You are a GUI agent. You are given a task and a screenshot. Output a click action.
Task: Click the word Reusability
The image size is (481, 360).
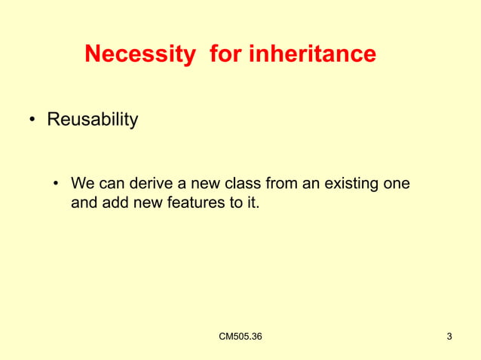(x=93, y=120)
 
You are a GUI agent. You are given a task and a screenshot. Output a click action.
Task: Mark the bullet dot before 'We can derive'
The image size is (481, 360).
(x=56, y=184)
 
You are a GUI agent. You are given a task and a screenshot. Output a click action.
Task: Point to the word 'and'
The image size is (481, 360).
(x=83, y=202)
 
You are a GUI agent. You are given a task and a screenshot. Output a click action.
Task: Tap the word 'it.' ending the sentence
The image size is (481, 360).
(x=250, y=202)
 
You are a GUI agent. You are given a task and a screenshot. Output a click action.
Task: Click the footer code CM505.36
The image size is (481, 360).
(x=240, y=336)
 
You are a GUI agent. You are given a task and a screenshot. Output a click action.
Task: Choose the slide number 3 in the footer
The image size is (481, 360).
(x=449, y=336)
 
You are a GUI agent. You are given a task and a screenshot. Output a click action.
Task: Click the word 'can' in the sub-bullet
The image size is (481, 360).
(x=110, y=184)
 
